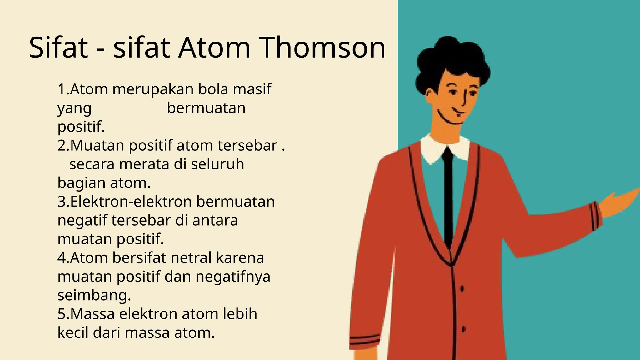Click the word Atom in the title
214,47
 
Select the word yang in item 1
74,108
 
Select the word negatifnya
233,277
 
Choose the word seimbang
94,295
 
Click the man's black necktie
448,194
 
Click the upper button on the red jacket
462,289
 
